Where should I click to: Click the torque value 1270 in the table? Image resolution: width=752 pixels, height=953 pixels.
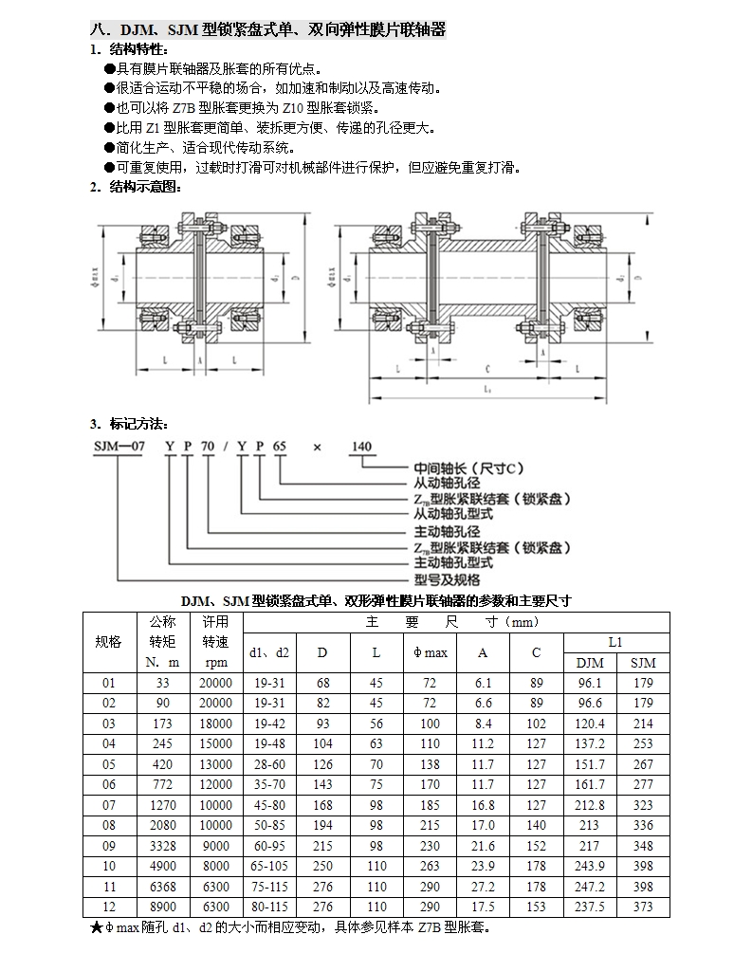(163, 804)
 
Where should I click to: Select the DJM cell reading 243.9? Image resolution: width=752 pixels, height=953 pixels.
(590, 866)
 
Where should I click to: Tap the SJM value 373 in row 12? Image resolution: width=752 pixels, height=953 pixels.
(643, 907)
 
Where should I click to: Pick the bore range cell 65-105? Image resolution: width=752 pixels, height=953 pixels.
(269, 866)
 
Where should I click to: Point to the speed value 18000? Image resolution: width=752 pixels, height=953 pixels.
(215, 722)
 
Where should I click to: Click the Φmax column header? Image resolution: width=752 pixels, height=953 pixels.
(430, 652)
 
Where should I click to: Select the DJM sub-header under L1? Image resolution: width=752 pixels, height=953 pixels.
(590, 662)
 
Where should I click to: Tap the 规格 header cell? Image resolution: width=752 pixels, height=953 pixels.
(109, 642)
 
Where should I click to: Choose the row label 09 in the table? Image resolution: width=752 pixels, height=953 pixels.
(109, 846)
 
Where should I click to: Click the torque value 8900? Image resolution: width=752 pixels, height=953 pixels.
(163, 907)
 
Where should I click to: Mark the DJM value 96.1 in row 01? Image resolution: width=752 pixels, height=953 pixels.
(590, 681)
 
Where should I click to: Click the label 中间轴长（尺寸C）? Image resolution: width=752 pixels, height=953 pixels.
(468, 468)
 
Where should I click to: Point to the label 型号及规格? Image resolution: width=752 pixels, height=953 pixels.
(447, 579)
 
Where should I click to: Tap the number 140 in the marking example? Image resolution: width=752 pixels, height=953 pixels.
(361, 447)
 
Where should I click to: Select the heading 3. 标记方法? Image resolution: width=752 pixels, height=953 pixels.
(130, 423)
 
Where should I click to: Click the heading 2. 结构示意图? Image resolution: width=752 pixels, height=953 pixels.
(136, 187)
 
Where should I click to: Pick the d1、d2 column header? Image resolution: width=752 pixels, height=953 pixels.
(269, 652)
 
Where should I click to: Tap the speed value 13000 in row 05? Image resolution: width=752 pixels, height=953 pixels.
(215, 763)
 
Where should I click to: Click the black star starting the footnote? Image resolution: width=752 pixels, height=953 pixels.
(96, 927)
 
